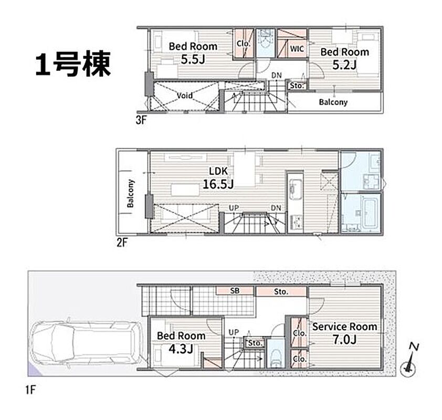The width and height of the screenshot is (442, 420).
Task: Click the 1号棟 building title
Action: [x=73, y=64]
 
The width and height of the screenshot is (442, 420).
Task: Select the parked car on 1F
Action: [x=87, y=343]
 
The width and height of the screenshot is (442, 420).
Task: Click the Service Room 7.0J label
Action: [x=344, y=333]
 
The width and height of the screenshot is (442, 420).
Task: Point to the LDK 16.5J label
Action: [x=218, y=178]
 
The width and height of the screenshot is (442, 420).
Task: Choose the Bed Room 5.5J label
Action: [x=193, y=52]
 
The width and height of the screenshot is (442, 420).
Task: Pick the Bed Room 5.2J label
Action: [x=345, y=58]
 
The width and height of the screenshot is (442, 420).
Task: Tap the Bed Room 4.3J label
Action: [x=181, y=342]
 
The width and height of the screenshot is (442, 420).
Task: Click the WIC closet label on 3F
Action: [x=297, y=49]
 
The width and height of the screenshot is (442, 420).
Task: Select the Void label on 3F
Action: [x=185, y=96]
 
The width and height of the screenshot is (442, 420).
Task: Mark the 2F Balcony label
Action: [x=130, y=193]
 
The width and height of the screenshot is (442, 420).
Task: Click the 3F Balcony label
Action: [x=333, y=102]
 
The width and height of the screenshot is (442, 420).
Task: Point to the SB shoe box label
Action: [x=235, y=291]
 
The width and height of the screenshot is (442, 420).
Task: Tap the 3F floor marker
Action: [x=141, y=120]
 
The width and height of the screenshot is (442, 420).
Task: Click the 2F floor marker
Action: [x=122, y=243]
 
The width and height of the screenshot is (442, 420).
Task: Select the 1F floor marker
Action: [x=30, y=390]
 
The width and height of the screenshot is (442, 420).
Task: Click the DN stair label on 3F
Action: [x=277, y=75]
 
